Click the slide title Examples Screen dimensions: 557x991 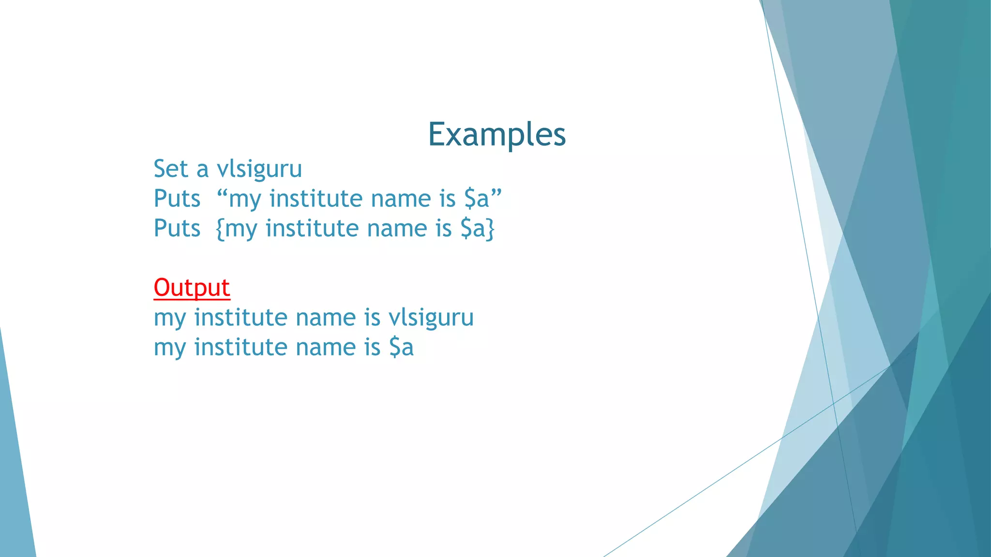[x=497, y=134]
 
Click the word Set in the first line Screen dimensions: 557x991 [x=170, y=169]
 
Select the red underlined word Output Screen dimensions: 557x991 [x=192, y=288]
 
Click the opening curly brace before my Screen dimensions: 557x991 [x=220, y=229]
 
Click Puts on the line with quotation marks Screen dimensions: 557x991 [x=177, y=199]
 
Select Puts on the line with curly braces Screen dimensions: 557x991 [x=177, y=228]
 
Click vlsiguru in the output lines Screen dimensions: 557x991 [x=431, y=318]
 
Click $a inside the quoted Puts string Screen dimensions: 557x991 [x=477, y=199]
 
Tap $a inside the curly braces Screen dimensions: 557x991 [x=472, y=228]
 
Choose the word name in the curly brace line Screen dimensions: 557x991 [x=397, y=228]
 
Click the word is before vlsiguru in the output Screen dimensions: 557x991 [x=372, y=318]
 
